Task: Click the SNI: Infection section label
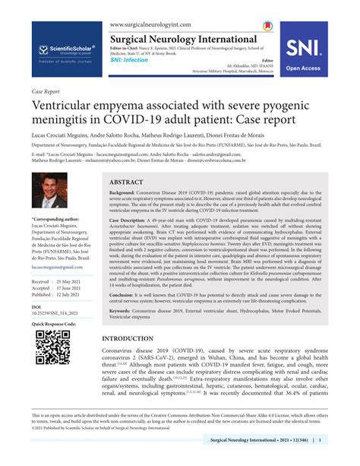(129, 59)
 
